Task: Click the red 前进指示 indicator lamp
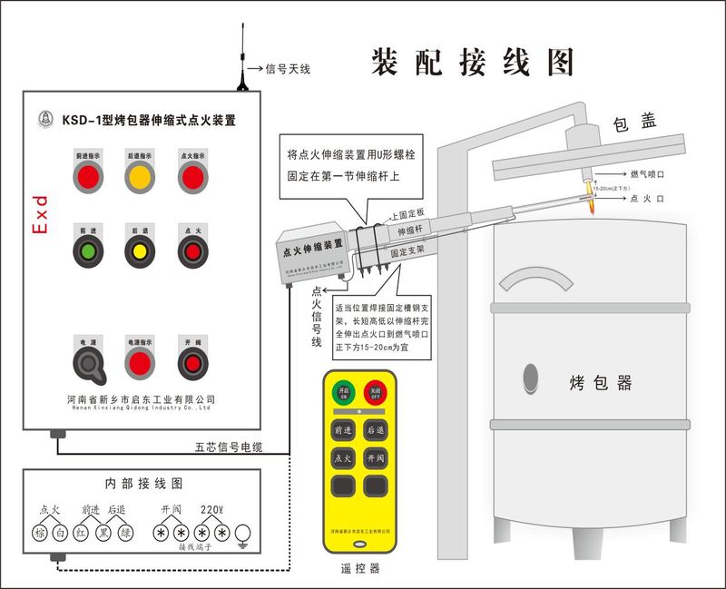[x=87, y=178]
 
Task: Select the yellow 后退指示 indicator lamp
[x=139, y=178]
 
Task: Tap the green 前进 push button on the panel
[x=87, y=250]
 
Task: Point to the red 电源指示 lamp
[x=139, y=364]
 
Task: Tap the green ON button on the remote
[x=343, y=393]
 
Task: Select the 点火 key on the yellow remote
[x=343, y=458]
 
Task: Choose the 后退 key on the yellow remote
[x=374, y=428]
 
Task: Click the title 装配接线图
[x=473, y=62]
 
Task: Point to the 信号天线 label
[x=288, y=68]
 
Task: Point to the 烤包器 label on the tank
[x=600, y=382]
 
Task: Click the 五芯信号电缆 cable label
[x=229, y=447]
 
